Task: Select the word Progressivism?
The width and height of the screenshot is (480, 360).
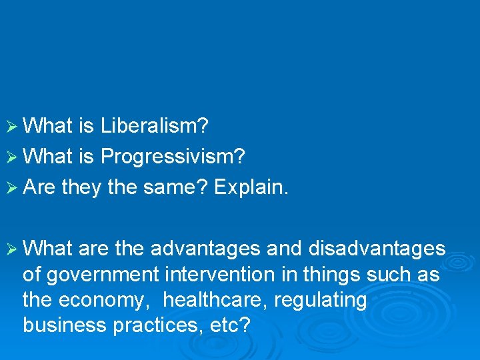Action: pyautogui.click(x=173, y=157)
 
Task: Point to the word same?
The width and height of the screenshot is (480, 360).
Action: pyautogui.click(x=175, y=188)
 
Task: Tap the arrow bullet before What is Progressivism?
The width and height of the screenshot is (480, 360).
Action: pyautogui.click(x=11, y=157)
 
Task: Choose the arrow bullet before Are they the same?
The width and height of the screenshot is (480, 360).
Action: pyautogui.click(x=11, y=188)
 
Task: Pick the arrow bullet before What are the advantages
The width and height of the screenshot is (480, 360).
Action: pyautogui.click(x=11, y=249)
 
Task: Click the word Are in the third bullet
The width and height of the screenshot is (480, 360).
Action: pyautogui.click(x=39, y=188)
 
